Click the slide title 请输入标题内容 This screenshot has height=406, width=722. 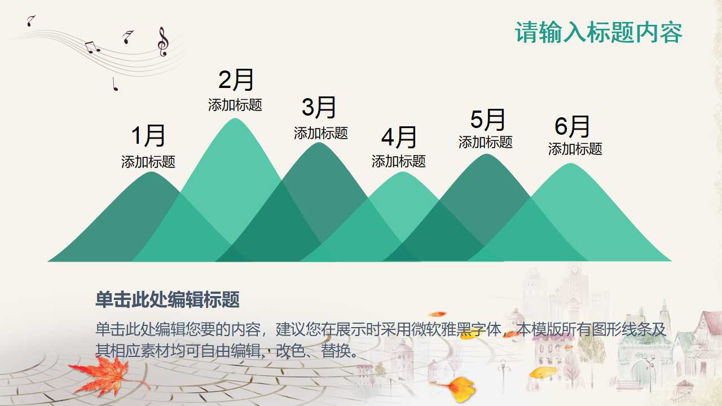(x=598, y=33)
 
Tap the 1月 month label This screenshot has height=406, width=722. (x=148, y=136)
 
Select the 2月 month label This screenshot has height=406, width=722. (x=236, y=80)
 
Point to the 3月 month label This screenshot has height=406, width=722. (x=319, y=107)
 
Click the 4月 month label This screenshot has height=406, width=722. (x=399, y=137)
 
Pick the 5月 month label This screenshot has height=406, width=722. (x=487, y=120)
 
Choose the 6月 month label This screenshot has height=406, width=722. (x=572, y=126)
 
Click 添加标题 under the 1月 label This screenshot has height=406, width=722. (x=148, y=162)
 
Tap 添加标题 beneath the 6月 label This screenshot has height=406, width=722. (x=575, y=149)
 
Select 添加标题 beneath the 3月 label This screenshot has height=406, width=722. (x=321, y=133)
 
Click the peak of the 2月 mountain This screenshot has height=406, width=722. (x=235, y=120)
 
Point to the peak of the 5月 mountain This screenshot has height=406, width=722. (x=486, y=155)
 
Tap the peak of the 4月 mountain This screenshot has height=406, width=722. (x=402, y=173)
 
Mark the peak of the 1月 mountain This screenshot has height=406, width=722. (x=151, y=173)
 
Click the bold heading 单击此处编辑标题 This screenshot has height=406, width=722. (x=168, y=300)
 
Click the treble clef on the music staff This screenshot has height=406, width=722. (x=163, y=42)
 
